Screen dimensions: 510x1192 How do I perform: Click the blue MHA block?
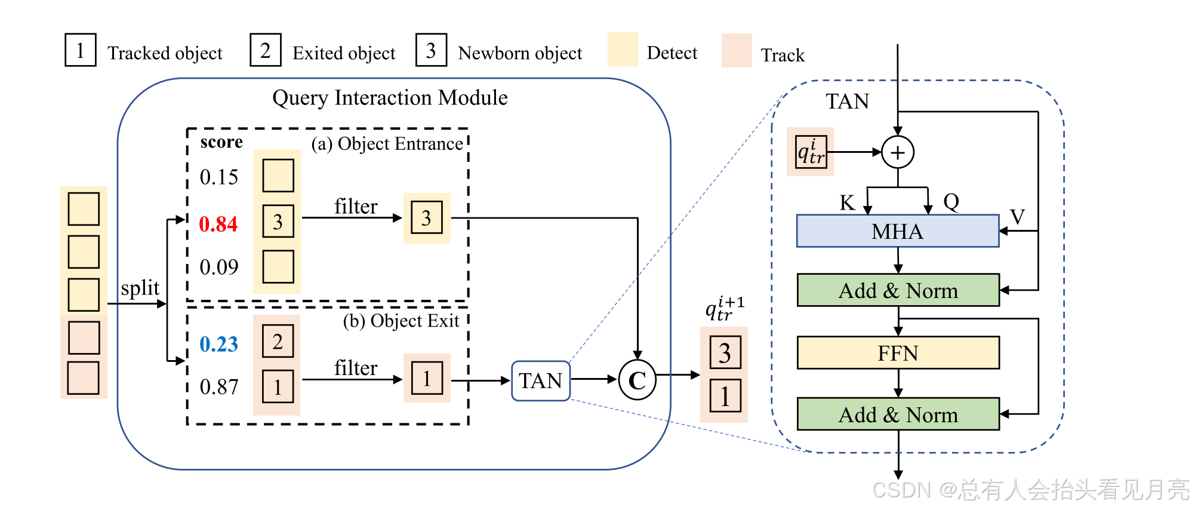coord(897,231)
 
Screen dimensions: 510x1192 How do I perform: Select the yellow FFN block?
coord(898,353)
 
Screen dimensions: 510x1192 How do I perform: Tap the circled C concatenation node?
coord(637,380)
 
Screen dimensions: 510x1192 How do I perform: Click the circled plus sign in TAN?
coord(898,152)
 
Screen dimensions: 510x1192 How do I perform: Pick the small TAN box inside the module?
coord(540,380)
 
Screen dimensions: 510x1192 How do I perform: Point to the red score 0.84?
coord(218,224)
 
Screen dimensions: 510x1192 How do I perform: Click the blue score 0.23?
coord(218,344)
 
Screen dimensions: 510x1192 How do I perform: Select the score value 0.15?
coord(218,177)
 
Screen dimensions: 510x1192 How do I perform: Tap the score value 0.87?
coord(218,387)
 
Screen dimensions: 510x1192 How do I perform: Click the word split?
coord(140,288)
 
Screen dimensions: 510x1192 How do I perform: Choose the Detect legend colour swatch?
coord(623,50)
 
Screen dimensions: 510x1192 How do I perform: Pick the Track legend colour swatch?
coord(737,51)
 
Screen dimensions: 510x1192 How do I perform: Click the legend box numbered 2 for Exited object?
coord(266,50)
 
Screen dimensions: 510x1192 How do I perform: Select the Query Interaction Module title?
coord(390,97)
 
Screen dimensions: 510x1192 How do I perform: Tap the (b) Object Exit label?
coord(401,321)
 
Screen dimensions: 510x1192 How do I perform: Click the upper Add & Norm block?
coord(898,291)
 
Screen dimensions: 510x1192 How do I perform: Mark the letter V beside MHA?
coord(1017,216)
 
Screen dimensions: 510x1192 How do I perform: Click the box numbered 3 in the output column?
coord(725,353)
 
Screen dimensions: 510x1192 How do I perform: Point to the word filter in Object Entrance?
coord(356,207)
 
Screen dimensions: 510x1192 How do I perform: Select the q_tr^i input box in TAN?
coord(811,152)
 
